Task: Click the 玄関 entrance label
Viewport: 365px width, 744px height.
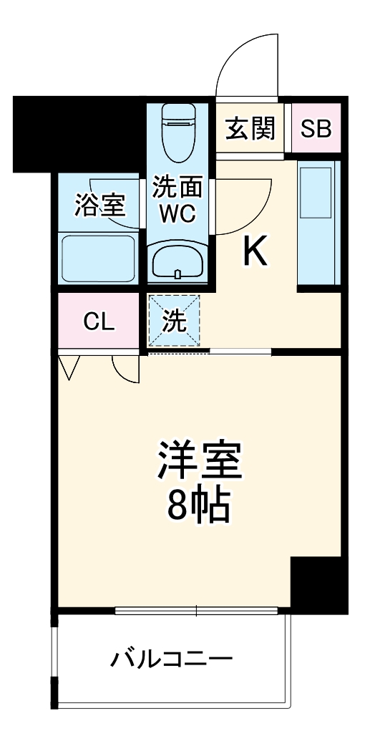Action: [251, 129]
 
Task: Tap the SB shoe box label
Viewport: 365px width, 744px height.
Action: [316, 129]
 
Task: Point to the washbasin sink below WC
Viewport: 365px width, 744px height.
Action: [177, 261]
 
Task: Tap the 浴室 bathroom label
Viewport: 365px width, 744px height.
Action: [100, 205]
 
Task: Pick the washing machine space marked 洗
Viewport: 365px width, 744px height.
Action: [174, 321]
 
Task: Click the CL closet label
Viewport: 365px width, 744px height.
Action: [98, 322]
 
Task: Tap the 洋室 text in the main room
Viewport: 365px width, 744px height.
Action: [200, 462]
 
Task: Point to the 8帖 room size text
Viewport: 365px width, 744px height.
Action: [200, 506]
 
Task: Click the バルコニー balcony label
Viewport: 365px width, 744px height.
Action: [171, 658]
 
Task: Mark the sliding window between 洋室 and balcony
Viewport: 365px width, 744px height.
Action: [196, 611]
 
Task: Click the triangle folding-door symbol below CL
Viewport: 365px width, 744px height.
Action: [69, 366]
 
